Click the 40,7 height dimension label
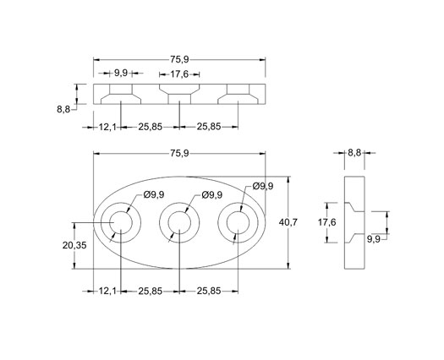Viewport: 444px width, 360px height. point(288,222)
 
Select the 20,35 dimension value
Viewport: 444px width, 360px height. point(74,245)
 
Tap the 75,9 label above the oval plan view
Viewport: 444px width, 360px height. point(179,154)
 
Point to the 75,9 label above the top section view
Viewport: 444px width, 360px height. point(179,59)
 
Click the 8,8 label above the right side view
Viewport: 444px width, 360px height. point(354,153)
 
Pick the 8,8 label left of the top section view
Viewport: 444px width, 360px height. point(63,109)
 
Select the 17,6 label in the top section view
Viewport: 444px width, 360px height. point(179,74)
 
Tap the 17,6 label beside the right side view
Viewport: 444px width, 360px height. point(327,222)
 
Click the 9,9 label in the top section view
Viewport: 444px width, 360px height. point(121,73)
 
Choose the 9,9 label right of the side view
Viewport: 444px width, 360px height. point(374,239)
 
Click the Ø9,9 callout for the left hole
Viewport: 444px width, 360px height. point(154,194)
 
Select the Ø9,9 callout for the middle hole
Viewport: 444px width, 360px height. point(212,194)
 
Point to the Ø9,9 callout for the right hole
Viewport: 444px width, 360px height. point(263,186)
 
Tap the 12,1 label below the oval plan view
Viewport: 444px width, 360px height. point(107,291)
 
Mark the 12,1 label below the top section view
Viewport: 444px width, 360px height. point(107,127)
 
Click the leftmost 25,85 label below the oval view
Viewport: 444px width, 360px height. point(151,291)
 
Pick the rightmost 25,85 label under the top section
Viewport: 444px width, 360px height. point(209,127)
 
